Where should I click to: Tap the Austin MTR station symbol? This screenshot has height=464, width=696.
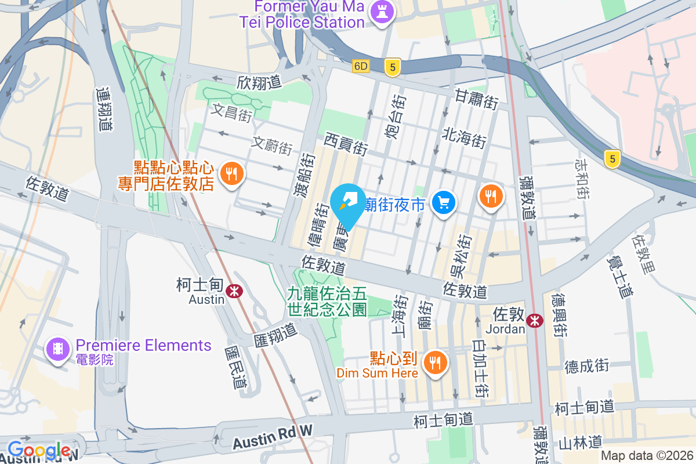(234, 291)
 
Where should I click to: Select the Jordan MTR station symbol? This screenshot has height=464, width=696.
(535, 319)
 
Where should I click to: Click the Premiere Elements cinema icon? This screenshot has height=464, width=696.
(57, 349)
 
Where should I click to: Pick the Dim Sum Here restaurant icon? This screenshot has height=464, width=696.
(434, 364)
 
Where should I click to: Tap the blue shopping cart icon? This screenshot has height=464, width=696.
(445, 202)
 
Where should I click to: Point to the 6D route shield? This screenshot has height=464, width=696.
(361, 66)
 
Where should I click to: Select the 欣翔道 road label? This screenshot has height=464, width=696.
(259, 82)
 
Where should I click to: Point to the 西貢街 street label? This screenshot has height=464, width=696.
(346, 144)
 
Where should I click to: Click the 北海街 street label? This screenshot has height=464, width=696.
(463, 137)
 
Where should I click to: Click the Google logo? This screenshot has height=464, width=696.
(39, 449)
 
